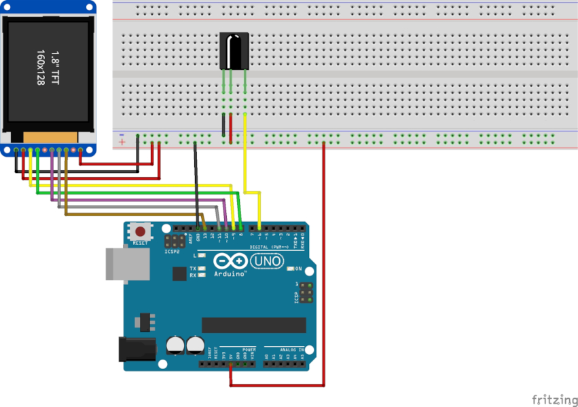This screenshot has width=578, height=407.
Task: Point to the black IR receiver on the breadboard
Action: [232, 51]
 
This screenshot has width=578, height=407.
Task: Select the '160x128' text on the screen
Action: [41, 67]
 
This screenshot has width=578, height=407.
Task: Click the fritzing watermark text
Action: [552, 398]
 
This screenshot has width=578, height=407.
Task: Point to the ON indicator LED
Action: [290, 269]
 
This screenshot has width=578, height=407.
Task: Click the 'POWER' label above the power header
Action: [249, 349]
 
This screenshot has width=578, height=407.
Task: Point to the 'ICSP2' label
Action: [172, 252]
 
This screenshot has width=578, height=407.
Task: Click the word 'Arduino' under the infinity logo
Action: [230, 274]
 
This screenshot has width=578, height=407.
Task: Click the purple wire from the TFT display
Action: [136, 200]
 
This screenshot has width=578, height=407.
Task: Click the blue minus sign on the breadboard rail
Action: [122, 134]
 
